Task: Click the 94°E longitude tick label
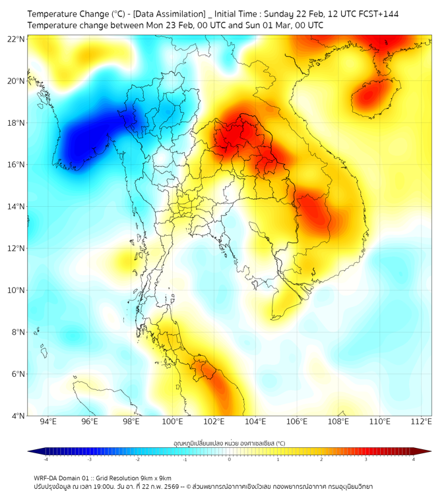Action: (x=48, y=422)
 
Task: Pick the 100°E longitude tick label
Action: (x=172, y=422)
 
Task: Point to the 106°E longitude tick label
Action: (x=297, y=422)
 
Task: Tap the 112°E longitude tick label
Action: (x=422, y=422)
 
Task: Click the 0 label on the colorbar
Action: (x=230, y=459)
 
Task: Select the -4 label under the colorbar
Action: (x=45, y=459)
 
